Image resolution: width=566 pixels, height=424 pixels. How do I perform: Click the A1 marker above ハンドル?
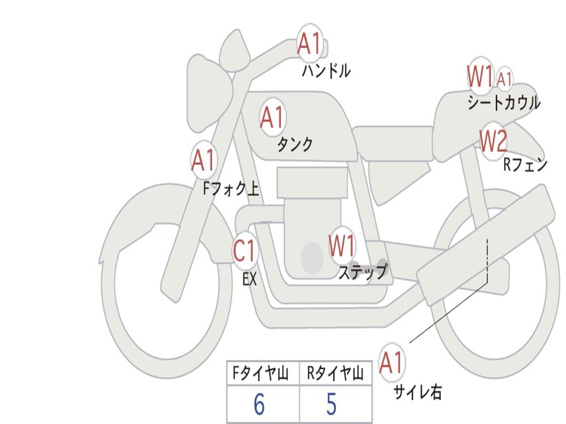pyautogui.click(x=310, y=44)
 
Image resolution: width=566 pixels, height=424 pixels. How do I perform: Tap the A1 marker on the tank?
pyautogui.click(x=272, y=117)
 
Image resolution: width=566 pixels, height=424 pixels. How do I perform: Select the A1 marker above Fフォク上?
pyautogui.click(x=203, y=160)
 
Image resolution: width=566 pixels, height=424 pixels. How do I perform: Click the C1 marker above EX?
pyautogui.click(x=245, y=251)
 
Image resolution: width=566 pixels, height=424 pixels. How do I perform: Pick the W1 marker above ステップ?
pyautogui.click(x=342, y=246)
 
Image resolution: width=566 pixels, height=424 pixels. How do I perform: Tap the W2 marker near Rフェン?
pyautogui.click(x=492, y=141)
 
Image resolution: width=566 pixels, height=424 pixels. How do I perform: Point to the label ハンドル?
pyautogui.click(x=326, y=71)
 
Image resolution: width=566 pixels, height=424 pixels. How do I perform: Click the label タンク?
pyautogui.click(x=295, y=145)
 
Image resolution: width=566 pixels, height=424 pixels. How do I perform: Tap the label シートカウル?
pyautogui.click(x=504, y=103)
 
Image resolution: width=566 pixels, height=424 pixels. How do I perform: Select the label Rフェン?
pyautogui.click(x=525, y=165)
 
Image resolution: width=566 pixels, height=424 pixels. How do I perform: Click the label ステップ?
pyautogui.click(x=363, y=272)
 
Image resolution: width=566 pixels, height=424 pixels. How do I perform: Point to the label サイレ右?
pyautogui.click(x=417, y=392)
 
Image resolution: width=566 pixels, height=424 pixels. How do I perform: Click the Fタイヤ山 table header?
pyautogui.click(x=259, y=374)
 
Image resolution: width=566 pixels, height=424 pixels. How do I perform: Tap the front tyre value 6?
pyautogui.click(x=259, y=405)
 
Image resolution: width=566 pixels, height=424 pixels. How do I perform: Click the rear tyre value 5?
pyautogui.click(x=331, y=405)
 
